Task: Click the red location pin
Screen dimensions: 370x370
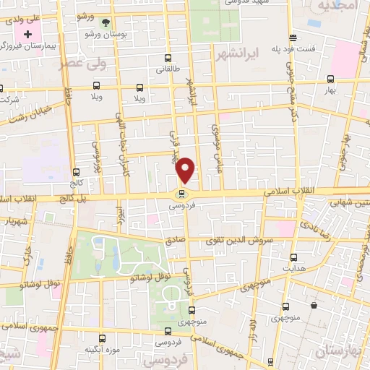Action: [186, 169]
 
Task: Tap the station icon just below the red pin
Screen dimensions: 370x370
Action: [181, 194]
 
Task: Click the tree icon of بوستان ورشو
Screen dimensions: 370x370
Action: [106, 23]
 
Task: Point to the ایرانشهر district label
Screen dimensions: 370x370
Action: [235, 53]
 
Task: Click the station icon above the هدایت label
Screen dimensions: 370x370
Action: [293, 257]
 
